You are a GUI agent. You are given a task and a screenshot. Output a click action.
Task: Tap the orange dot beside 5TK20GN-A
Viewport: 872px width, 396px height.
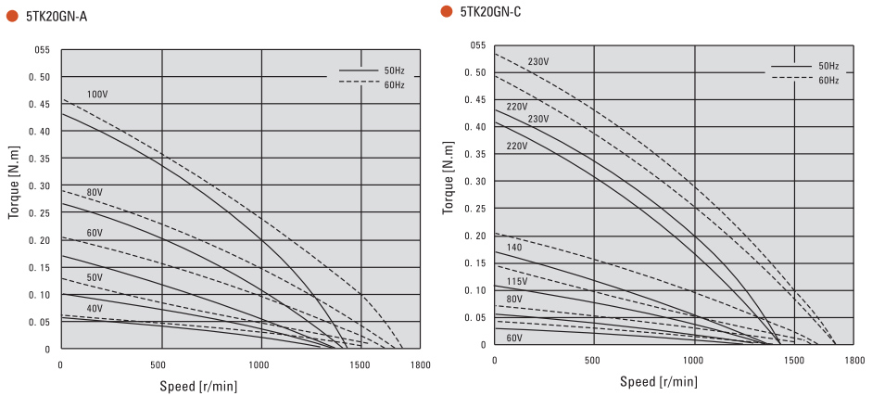pos(13,16)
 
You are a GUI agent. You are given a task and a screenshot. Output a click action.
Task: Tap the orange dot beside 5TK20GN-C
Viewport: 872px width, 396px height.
pos(447,11)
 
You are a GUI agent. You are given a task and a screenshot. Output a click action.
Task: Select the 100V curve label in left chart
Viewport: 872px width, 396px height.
pos(98,95)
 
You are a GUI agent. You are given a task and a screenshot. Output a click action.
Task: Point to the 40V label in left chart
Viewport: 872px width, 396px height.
pos(95,308)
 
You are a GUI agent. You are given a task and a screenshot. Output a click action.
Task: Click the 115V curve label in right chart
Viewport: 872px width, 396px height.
pos(518,281)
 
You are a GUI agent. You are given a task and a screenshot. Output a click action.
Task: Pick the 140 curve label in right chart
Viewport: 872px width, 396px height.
pos(514,248)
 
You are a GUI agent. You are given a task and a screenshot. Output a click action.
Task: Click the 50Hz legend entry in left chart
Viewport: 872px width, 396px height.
pos(394,70)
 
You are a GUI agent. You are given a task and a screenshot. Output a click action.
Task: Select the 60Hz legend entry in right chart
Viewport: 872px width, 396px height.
pos(828,80)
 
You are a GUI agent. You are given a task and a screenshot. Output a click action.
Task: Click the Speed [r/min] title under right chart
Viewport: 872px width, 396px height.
pos(659,381)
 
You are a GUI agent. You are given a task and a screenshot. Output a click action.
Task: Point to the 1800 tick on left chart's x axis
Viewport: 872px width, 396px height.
pos(421,365)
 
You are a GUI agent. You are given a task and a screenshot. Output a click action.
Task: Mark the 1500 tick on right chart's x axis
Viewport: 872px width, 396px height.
pos(794,360)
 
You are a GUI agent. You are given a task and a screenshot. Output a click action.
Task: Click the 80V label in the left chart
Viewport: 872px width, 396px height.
pos(95,193)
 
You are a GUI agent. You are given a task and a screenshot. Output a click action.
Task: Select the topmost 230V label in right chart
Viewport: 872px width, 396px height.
pos(538,62)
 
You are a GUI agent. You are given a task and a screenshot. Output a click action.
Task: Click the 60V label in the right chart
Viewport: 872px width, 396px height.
pos(514,338)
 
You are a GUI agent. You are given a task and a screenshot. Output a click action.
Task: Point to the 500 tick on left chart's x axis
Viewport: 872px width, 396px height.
pos(161,365)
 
